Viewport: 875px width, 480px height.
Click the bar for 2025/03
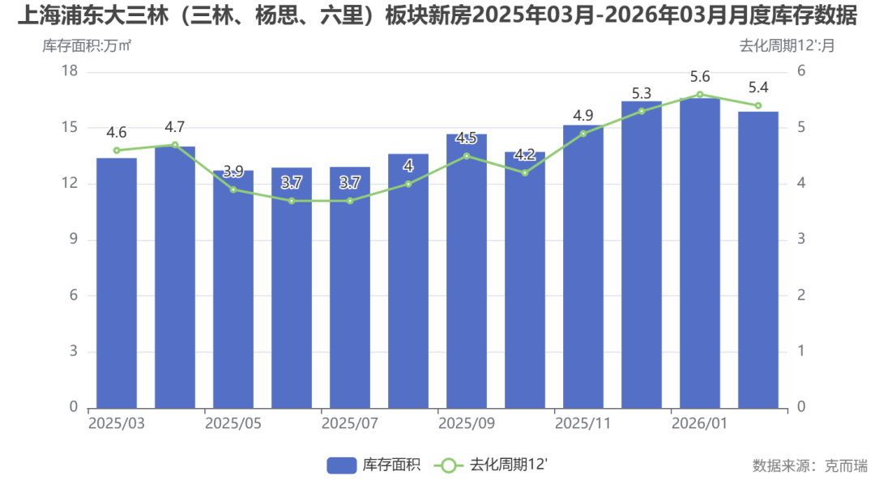coord(117,282)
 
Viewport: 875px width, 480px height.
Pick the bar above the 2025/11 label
coord(583,266)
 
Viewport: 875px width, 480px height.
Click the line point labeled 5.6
coord(700,94)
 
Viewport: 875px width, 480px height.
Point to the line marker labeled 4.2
coord(525,172)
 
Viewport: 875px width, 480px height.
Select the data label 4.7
coord(175,127)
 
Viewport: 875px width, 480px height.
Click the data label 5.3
coord(642,93)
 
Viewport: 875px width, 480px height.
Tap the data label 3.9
coord(233,172)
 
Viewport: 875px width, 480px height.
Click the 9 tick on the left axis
coord(73,240)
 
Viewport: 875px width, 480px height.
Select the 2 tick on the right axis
coord(801,295)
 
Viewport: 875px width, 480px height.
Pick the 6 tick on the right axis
coord(801,71)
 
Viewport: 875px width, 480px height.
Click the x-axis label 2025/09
coord(467,423)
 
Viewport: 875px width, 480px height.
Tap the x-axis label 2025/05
coord(233,423)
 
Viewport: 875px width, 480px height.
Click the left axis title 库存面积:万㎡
coord(87,46)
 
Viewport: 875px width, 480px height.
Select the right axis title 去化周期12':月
coord(787,46)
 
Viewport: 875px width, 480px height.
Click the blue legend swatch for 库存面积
coord(342,465)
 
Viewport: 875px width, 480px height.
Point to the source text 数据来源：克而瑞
coord(809,465)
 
